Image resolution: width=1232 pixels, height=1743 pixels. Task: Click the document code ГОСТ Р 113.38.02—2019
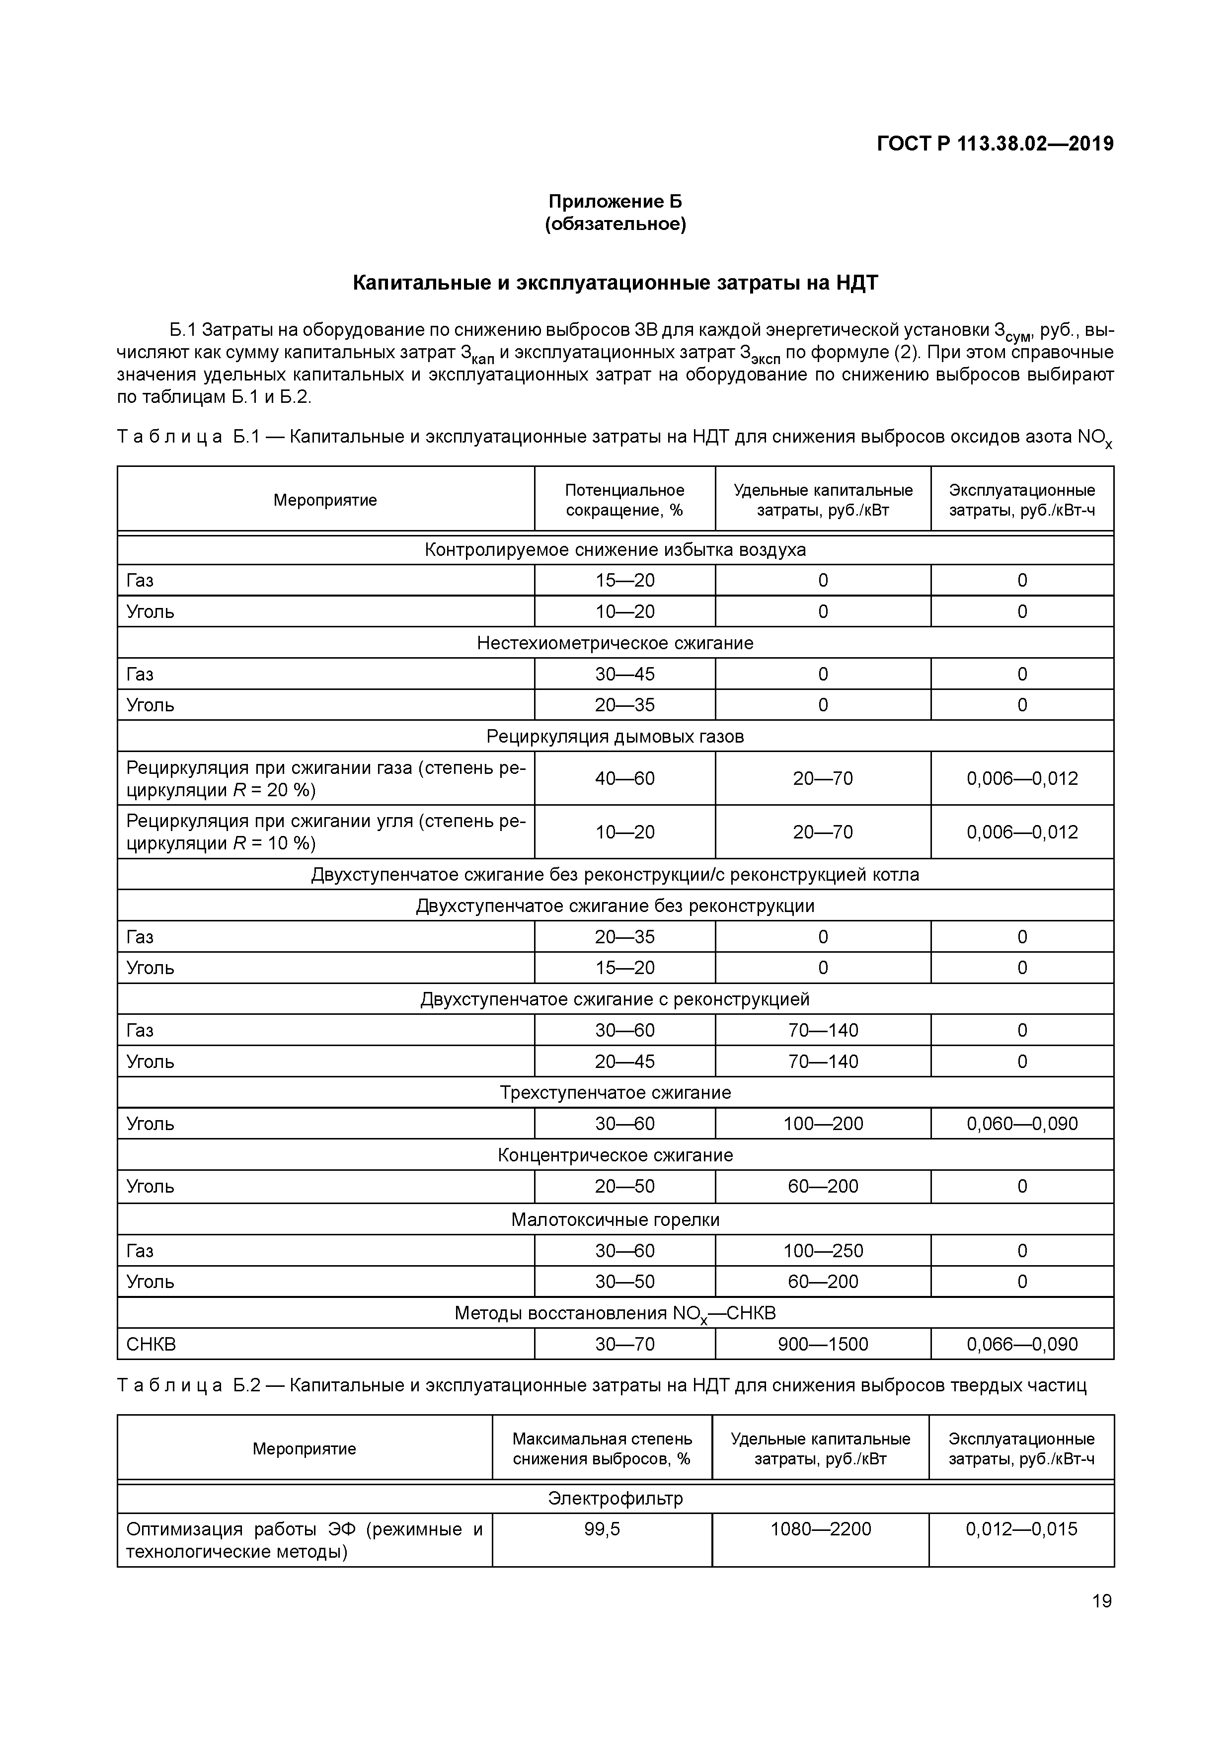point(995,144)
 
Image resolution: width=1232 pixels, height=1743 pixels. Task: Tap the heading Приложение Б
point(615,201)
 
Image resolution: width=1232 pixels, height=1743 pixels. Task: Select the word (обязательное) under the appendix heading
point(615,225)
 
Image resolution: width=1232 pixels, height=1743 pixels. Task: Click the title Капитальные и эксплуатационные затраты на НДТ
point(615,283)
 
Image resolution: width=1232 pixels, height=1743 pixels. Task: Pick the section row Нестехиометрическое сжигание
point(615,643)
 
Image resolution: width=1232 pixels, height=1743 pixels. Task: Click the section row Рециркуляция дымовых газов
point(615,736)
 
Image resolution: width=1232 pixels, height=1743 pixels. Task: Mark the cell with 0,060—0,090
point(1022,1124)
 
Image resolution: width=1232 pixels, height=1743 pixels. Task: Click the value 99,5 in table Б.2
point(602,1529)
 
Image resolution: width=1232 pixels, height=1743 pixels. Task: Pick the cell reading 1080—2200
point(821,1529)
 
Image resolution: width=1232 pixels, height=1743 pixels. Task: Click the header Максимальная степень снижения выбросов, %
point(602,1448)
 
